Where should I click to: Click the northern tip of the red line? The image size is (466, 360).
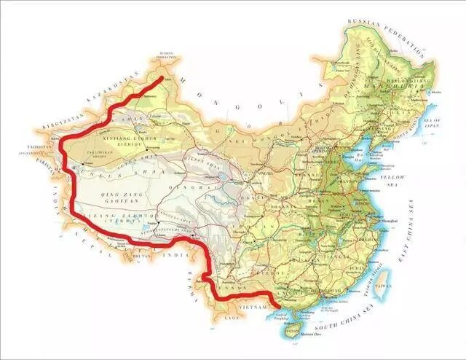click(x=162, y=75)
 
